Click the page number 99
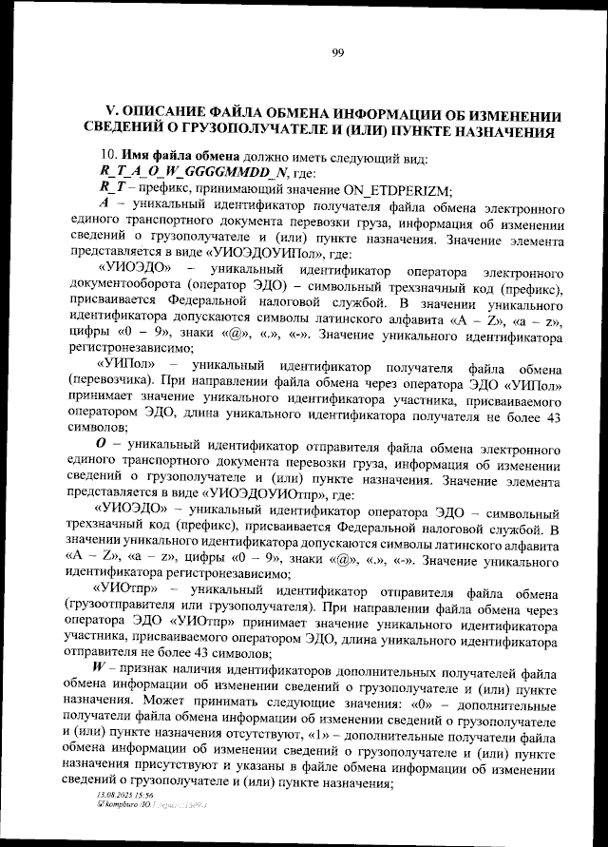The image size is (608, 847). [x=337, y=52]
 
